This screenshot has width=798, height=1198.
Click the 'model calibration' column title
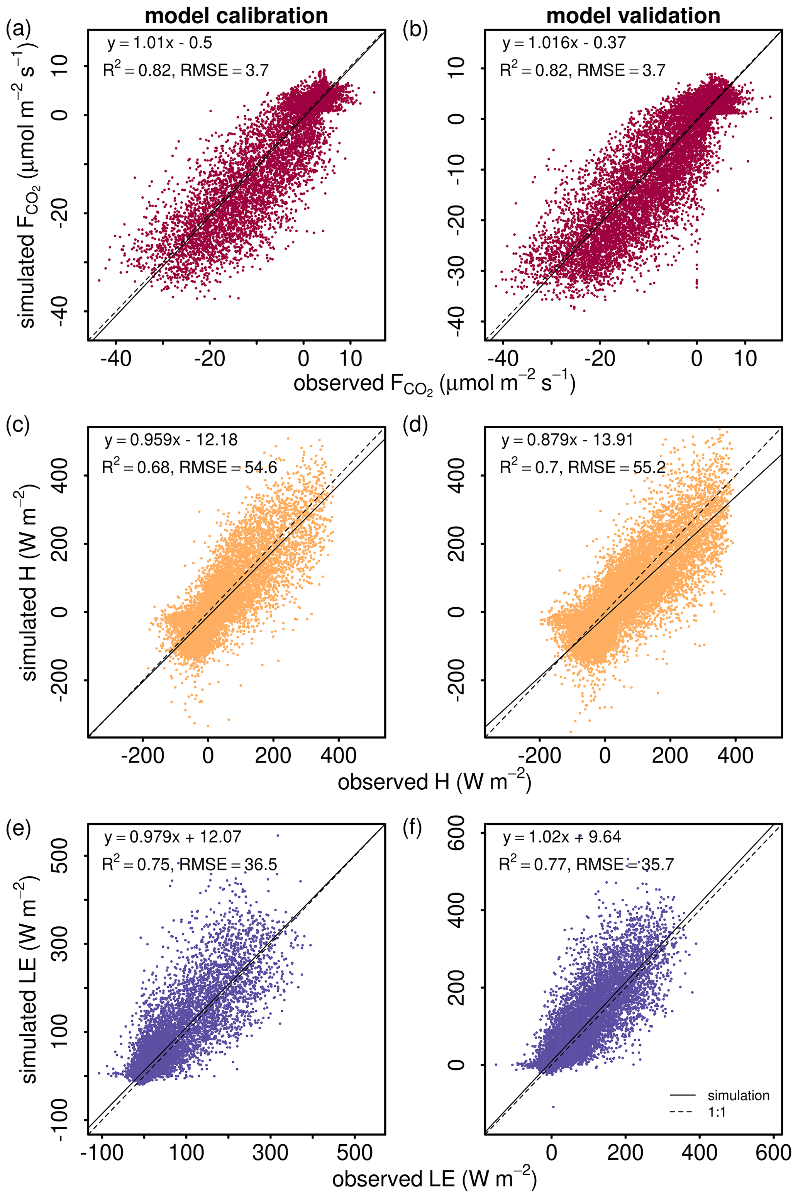point(236,16)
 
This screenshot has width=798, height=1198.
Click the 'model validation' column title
point(633,16)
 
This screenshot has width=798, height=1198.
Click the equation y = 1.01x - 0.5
point(159,43)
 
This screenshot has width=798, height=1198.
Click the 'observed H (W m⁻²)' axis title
point(434,782)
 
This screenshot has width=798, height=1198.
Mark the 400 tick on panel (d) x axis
point(735,754)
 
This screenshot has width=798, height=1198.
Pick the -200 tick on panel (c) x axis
point(142,754)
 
